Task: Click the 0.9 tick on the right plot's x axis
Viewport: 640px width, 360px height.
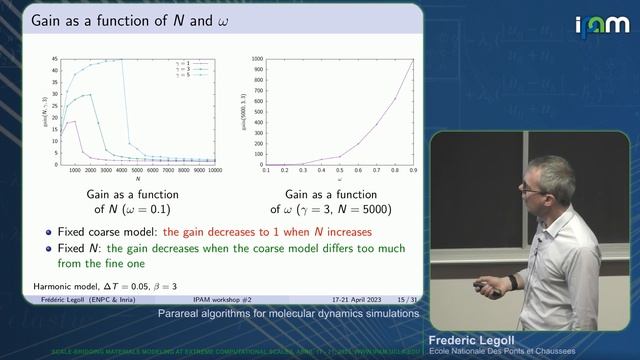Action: pyautogui.click(x=413, y=171)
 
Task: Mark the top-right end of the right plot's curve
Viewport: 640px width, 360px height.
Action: pyautogui.click(x=413, y=60)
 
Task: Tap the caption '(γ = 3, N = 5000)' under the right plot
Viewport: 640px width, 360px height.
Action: pyautogui.click(x=337, y=209)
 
